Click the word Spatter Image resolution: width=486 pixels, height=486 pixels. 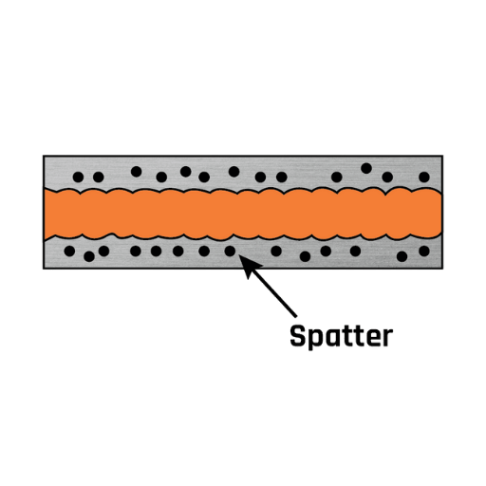tap(342, 337)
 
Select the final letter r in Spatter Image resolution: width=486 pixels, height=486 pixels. tap(387, 338)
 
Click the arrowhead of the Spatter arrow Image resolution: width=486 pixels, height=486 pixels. tap(250, 267)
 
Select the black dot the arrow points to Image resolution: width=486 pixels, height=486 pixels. tap(230, 252)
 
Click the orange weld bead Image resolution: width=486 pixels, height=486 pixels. tap(243, 215)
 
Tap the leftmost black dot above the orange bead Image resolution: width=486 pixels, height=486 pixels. tap(78, 178)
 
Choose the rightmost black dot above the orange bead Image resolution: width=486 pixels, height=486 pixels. tap(424, 178)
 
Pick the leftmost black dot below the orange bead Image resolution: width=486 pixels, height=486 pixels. tap(69, 252)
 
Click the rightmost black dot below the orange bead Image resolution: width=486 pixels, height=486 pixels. tap(424, 252)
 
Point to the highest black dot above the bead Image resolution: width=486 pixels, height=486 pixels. tap(366, 168)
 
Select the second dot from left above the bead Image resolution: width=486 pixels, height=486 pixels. tap(99, 178)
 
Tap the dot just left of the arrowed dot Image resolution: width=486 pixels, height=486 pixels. tap(204, 252)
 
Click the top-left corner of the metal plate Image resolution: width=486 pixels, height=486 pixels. tap(44, 156)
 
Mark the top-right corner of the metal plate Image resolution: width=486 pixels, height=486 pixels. tap(442, 156)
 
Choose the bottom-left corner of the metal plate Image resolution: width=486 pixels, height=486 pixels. tap(44, 269)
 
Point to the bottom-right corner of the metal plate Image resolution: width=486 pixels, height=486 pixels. tap(442, 269)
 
